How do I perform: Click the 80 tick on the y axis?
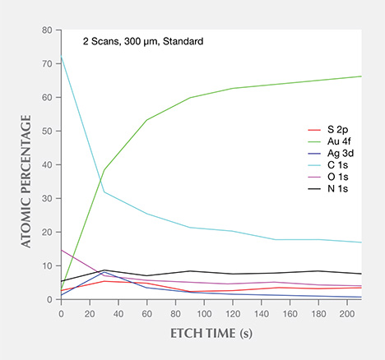[x=48, y=30]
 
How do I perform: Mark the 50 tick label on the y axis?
[x=48, y=132]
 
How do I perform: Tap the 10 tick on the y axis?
[x=48, y=266]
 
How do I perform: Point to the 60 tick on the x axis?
[x=146, y=313]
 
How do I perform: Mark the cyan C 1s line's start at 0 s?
[x=62, y=57]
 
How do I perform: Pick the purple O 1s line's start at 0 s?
[x=62, y=250]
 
